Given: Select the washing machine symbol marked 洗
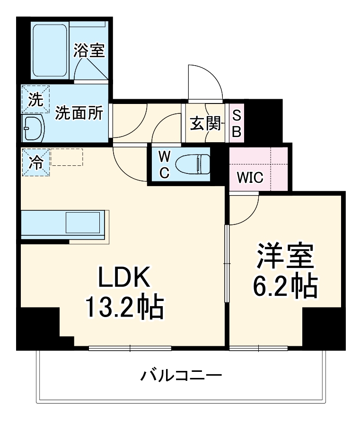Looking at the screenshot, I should tap(35, 99).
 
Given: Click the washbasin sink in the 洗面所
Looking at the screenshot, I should tap(33, 129).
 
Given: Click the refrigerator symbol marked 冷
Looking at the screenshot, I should tap(35, 162).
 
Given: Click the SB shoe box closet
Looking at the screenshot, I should tap(237, 124).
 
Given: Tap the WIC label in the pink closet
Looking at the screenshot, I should tap(250, 178).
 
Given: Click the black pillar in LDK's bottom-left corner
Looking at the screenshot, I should tap(38, 328).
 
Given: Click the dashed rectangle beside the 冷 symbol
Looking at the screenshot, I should tap(67, 157).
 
